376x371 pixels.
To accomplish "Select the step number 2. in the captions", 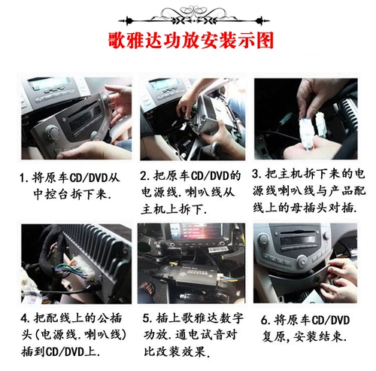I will (146, 177).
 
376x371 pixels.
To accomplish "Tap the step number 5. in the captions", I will (145, 317).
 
